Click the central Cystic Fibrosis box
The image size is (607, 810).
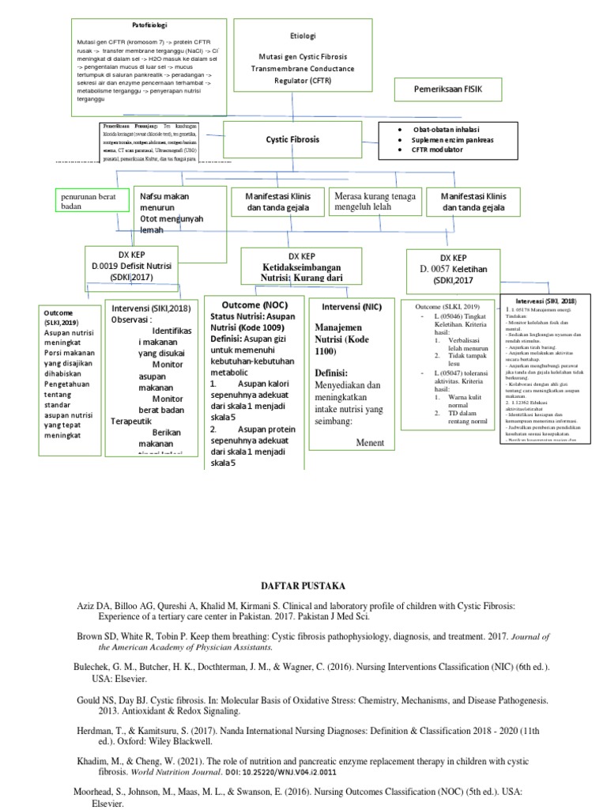pyautogui.click(x=292, y=139)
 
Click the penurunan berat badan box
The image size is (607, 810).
pyautogui.click(x=92, y=200)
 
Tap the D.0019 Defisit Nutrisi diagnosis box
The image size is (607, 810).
pyautogui.click(x=133, y=263)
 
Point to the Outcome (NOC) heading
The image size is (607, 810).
pyautogui.click(x=254, y=305)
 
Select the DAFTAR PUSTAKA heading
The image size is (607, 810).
pyautogui.click(x=303, y=585)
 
